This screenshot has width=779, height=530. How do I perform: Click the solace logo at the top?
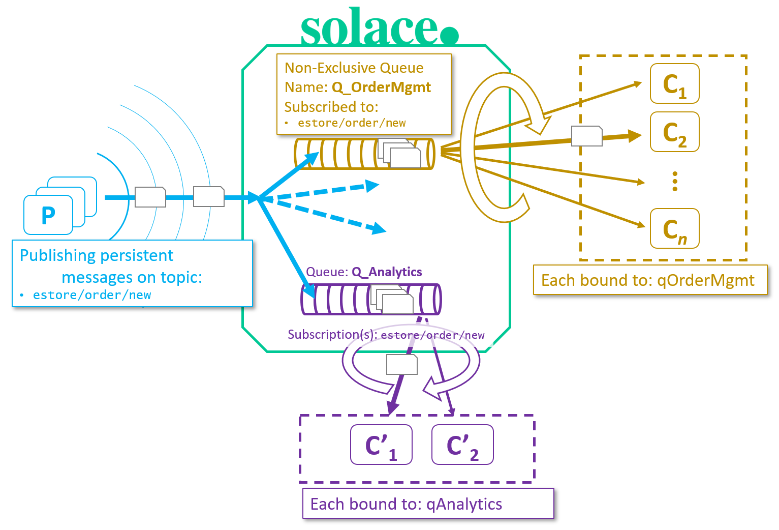pyautogui.click(x=379, y=28)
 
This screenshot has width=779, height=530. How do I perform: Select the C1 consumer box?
pyautogui.click(x=674, y=84)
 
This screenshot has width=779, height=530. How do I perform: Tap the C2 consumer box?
pyautogui.click(x=674, y=132)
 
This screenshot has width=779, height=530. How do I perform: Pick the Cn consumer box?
pyautogui.click(x=674, y=229)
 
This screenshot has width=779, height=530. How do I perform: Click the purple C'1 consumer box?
pyautogui.click(x=381, y=445)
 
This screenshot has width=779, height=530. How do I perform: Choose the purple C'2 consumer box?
pyautogui.click(x=462, y=445)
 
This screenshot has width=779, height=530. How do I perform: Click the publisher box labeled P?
pyautogui.click(x=48, y=215)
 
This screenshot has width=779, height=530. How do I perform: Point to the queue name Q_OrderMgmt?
pyautogui.click(x=381, y=87)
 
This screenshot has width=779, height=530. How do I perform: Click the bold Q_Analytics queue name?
pyautogui.click(x=387, y=272)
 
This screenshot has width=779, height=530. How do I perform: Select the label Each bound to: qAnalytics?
pyautogui.click(x=407, y=504)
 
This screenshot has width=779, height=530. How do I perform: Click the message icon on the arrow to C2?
pyautogui.click(x=586, y=136)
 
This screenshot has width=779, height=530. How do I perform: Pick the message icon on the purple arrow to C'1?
pyautogui.click(x=401, y=365)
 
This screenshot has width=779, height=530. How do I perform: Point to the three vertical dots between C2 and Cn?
pyautogui.click(x=674, y=181)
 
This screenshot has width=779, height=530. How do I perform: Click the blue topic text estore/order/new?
pyautogui.click(x=92, y=295)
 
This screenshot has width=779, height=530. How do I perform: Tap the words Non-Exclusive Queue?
pyautogui.click(x=354, y=68)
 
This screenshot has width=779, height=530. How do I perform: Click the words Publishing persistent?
pyautogui.click(x=97, y=255)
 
